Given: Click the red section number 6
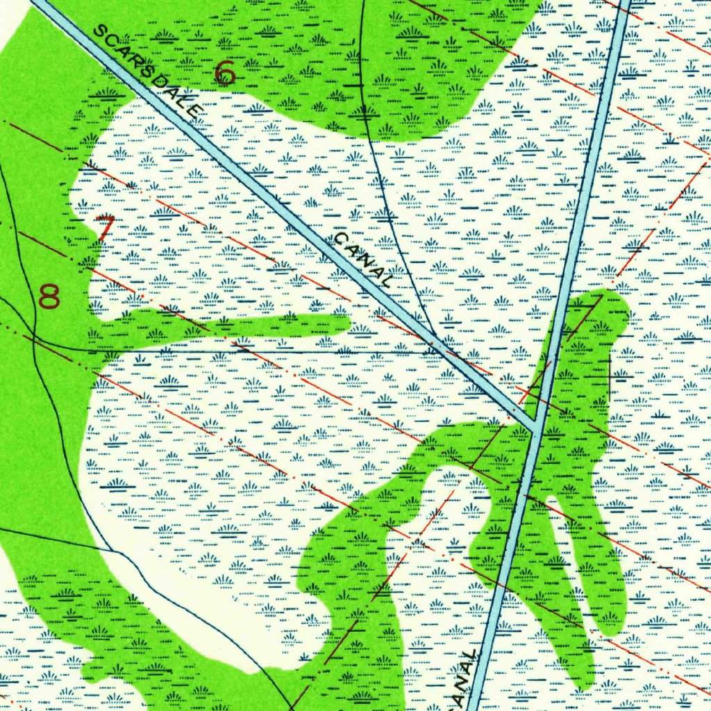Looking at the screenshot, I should pyautogui.click(x=224, y=73).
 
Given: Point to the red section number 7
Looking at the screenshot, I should pyautogui.click(x=105, y=228).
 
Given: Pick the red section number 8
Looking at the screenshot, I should pyautogui.click(x=49, y=296).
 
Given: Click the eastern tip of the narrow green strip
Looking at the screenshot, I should pyautogui.click(x=346, y=321).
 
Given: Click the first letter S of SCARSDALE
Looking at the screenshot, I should pyautogui.click(x=100, y=31).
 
